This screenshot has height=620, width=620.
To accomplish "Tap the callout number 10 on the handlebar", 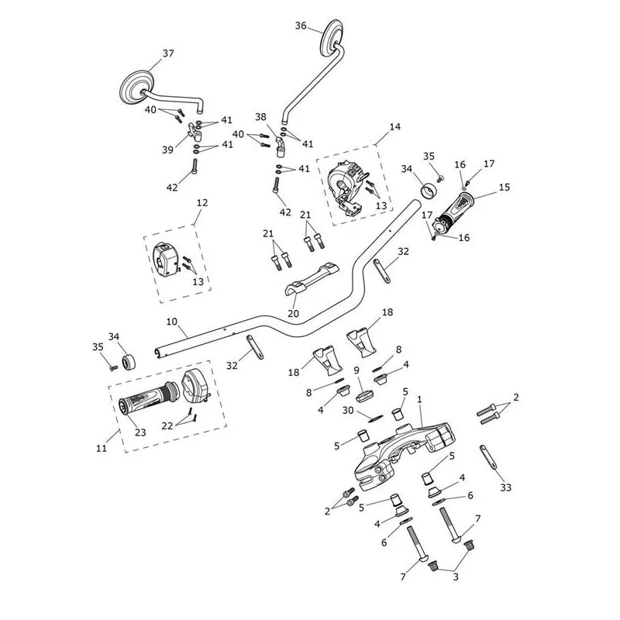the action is pyautogui.click(x=171, y=322).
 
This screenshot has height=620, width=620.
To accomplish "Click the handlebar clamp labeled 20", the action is pyautogui.click(x=312, y=281).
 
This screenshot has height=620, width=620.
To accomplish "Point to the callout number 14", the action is pyautogui.click(x=394, y=127).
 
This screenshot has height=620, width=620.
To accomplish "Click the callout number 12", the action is pyautogui.click(x=202, y=203).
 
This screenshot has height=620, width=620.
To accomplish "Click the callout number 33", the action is pyautogui.click(x=506, y=487).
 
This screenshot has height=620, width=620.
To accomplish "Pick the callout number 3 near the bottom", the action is pyautogui.click(x=456, y=577).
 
